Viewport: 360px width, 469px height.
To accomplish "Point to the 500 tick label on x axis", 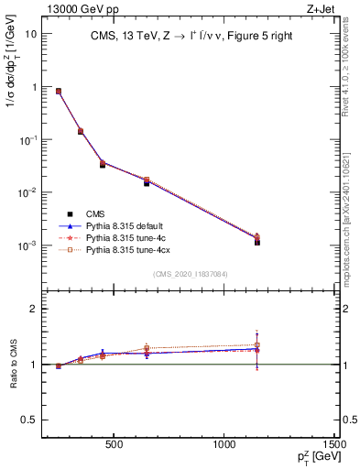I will pyautogui.click(x=114, y=445).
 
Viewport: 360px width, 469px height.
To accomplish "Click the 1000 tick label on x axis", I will pyautogui.click(x=224, y=445).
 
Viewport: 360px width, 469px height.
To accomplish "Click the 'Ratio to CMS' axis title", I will pyautogui.click(x=12, y=365).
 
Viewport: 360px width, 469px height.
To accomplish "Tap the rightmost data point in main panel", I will pyautogui.click(x=257, y=242).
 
